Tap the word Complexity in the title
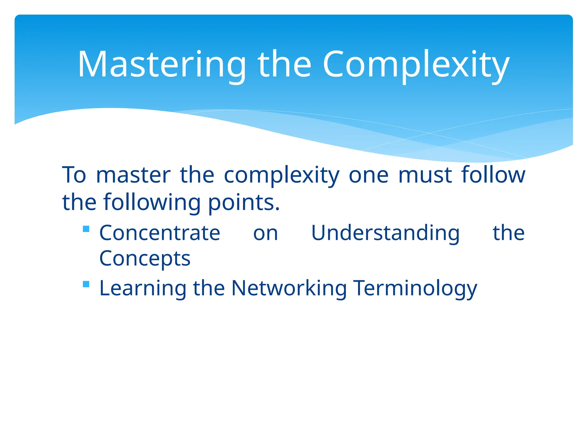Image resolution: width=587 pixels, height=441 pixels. point(416,65)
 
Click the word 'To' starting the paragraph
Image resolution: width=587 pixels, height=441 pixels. point(74,175)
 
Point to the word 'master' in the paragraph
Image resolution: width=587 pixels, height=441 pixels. point(133,175)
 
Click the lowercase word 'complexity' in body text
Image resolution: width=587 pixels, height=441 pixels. point(281,175)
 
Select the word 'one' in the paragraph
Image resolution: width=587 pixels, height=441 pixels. point(369,175)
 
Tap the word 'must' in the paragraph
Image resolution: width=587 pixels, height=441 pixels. point(425,175)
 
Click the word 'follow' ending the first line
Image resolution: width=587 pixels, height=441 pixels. point(493,175)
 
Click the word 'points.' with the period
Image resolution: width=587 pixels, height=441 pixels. point(244,202)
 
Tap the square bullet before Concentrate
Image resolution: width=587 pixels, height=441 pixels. point(86,229)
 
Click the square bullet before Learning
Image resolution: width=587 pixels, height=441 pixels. point(86,284)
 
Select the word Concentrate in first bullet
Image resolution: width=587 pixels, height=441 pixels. point(160,233)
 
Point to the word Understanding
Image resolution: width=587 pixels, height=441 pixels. point(385,233)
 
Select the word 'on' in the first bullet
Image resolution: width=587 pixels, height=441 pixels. point(266,233)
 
